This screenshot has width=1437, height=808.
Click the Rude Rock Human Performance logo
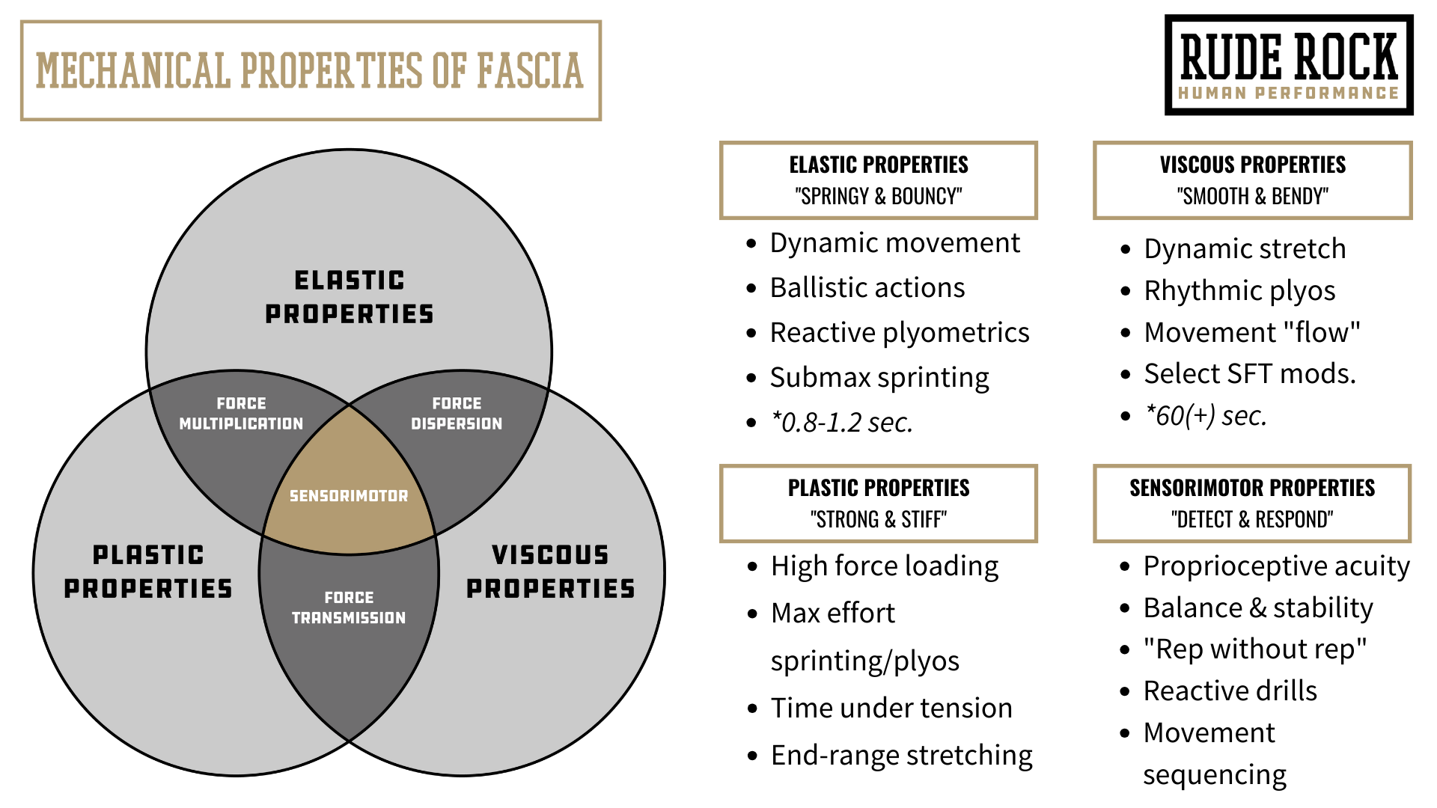[1289, 65]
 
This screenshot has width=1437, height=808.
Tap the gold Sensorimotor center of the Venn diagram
[349, 495]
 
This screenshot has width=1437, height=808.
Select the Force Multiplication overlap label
[241, 414]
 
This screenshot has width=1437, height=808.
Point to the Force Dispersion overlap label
[457, 414]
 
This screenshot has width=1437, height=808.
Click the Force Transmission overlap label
[349, 607]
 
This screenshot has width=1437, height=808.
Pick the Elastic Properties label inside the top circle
[349, 297]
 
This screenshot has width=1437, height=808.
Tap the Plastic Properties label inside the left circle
[148, 572]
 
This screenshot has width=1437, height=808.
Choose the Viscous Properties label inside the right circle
[550, 572]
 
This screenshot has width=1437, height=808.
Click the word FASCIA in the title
[530, 71]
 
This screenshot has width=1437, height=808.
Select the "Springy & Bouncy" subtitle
[878, 196]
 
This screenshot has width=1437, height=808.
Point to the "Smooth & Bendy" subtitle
[1252, 196]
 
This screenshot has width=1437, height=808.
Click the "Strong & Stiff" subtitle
[878, 519]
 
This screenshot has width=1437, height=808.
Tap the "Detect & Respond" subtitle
[1252, 519]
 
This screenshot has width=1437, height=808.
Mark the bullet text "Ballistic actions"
[867, 288]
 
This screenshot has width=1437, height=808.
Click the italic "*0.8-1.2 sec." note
[842, 423]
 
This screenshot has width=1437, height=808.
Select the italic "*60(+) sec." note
[1206, 415]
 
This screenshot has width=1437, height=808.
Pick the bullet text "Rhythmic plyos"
[1239, 290]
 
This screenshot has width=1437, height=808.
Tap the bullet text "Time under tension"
[891, 708]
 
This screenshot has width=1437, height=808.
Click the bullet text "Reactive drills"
[1230, 691]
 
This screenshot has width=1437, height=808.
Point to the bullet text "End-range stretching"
[902, 756]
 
